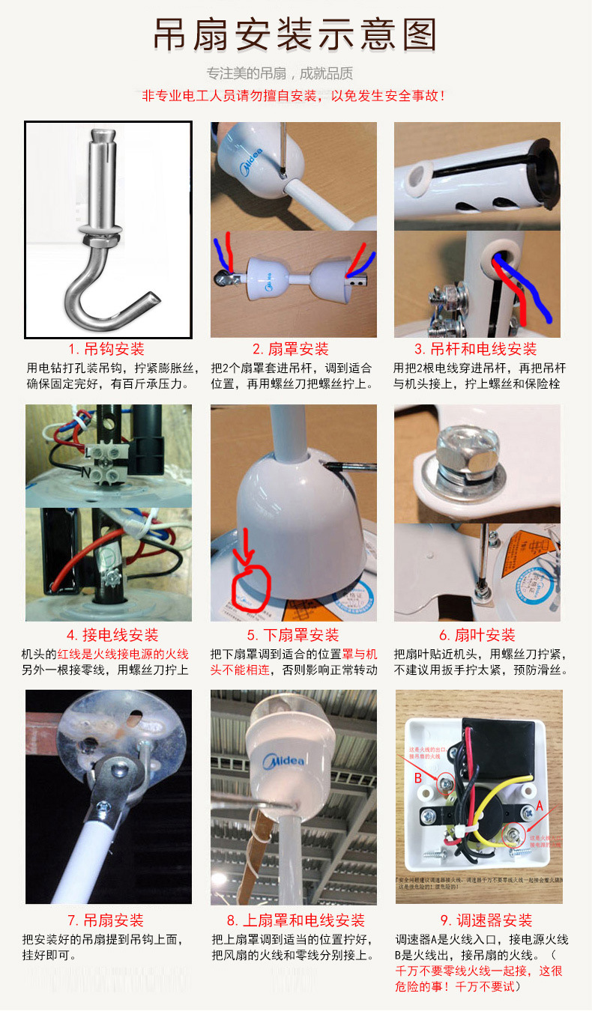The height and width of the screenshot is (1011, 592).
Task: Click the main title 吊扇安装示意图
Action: tap(295, 35)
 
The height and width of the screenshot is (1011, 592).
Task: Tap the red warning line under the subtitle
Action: tap(295, 96)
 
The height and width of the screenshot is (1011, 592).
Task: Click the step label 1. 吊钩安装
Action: tap(106, 349)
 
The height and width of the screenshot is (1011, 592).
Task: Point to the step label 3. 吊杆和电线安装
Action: tap(475, 349)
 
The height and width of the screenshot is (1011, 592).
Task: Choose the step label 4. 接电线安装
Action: tap(112, 635)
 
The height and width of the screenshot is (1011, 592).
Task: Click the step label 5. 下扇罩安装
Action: tap(294, 635)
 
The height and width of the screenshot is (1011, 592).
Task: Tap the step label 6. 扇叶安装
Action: tap(477, 635)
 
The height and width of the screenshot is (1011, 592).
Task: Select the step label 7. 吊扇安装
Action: tap(106, 920)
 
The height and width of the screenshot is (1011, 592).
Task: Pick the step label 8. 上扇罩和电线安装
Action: tap(295, 920)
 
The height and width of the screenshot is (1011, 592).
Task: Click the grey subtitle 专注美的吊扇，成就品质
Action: tap(280, 73)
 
